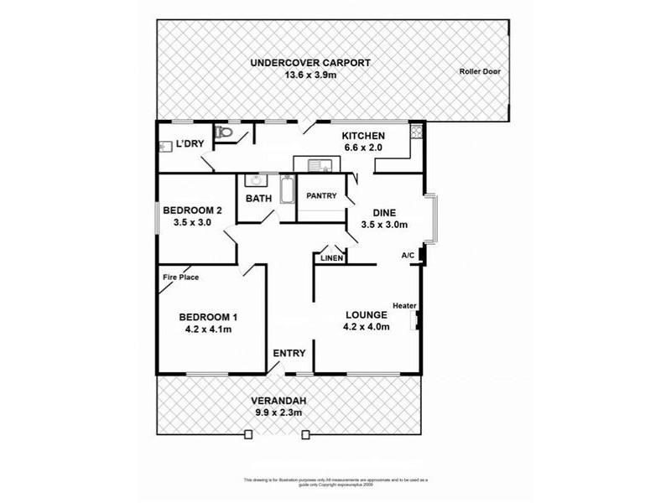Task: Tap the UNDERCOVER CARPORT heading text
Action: tap(310, 63)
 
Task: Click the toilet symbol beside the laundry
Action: tap(223, 132)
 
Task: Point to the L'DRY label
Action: tap(190, 144)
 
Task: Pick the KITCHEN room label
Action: tap(362, 136)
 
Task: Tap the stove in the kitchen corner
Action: tap(414, 132)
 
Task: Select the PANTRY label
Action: tap(321, 196)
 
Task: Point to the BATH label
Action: tap(257, 199)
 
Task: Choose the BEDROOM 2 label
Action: tap(192, 210)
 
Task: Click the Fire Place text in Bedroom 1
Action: tap(179, 277)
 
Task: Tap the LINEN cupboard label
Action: tap(331, 258)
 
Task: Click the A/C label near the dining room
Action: tap(408, 255)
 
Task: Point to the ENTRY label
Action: tap(289, 353)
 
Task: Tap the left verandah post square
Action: tap(248, 434)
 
